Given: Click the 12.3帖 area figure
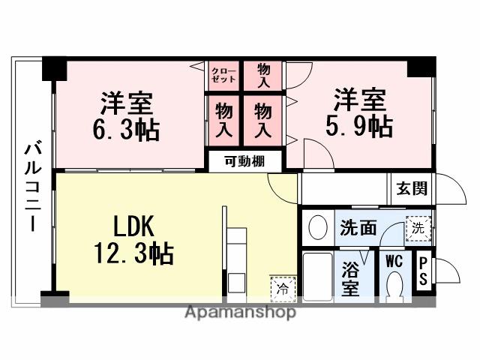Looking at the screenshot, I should pos(133,253).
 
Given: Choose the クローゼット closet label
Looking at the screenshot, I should pos(223,73).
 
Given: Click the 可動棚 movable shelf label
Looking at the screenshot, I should pos(244,160).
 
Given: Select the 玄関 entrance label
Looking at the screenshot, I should pos(411,187).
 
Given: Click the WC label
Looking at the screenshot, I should pos(394,262).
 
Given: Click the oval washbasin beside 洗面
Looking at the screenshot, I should pos(319,226).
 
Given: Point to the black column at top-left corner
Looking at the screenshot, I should pos(54,68).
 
